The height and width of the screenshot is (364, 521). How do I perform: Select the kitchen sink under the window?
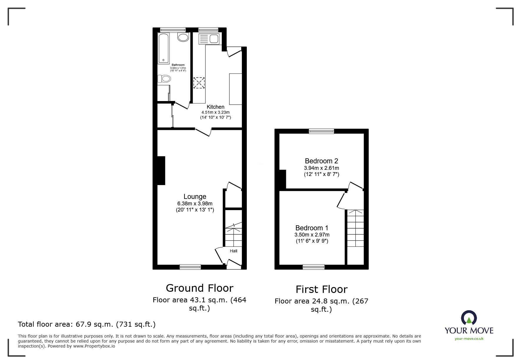pyautogui.click(x=209, y=39)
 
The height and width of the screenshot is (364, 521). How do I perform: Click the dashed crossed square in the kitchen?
pyautogui.click(x=199, y=83)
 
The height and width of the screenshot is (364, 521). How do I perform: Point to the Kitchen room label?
pyautogui.click(x=215, y=107)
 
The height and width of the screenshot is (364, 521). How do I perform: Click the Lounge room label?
pyautogui.click(x=195, y=197)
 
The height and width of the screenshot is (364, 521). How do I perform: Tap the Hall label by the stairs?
pyautogui.click(x=234, y=251)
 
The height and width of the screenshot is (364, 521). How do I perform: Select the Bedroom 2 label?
pyautogui.click(x=321, y=161)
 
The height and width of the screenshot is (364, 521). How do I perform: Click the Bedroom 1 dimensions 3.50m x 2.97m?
pyautogui.click(x=312, y=235)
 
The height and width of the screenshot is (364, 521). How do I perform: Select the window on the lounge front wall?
pyautogui.click(x=190, y=267)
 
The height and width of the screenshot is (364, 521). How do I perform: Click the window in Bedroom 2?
pyautogui.click(x=321, y=131)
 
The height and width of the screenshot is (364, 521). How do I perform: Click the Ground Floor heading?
pyautogui.click(x=199, y=288)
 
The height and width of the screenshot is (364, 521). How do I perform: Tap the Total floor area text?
pyautogui.click(x=87, y=324)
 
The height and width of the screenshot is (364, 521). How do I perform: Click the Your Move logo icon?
pyautogui.click(x=469, y=318)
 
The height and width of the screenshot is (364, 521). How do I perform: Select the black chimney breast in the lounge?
pyautogui.click(x=161, y=170)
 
